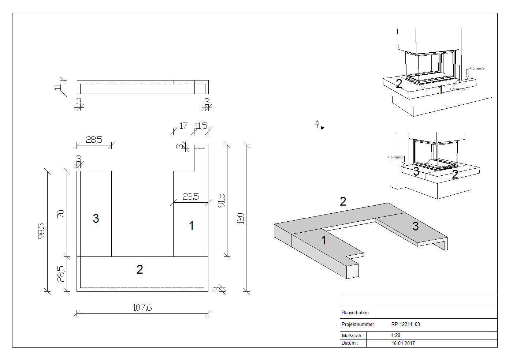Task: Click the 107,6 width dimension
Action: pos(142,308)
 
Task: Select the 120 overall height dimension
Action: pos(240,218)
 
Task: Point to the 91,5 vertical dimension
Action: pos(221,200)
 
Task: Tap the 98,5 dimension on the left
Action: pos(41,231)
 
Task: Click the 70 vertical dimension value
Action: pos(61,214)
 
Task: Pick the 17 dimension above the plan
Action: pos(183,126)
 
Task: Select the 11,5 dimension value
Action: pos(201,126)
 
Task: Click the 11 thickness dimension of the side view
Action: pos(58,87)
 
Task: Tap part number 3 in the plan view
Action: pos(96,218)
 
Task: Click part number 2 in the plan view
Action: pos(140,269)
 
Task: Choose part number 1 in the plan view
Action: pos(191,226)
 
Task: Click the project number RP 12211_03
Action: pos(406,324)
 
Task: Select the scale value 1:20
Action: pos(395,335)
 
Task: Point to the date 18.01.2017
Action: pos(403,343)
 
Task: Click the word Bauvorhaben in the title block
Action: pos(355,312)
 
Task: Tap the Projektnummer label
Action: pos(358,325)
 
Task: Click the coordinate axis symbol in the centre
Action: pos(319,125)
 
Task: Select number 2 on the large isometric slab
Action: pos(343,201)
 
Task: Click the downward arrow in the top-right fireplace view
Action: pos(467,74)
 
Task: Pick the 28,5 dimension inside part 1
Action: pos(191,196)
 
